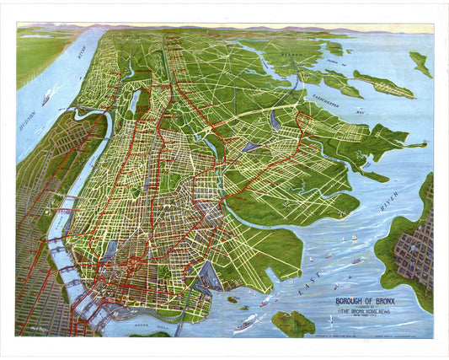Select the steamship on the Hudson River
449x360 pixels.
click(45, 99)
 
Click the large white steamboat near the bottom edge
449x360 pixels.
click(247, 322)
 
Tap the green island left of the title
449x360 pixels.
click(292, 323)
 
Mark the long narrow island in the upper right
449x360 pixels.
click(383, 84)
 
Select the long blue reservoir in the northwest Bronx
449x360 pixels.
click(136, 104)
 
